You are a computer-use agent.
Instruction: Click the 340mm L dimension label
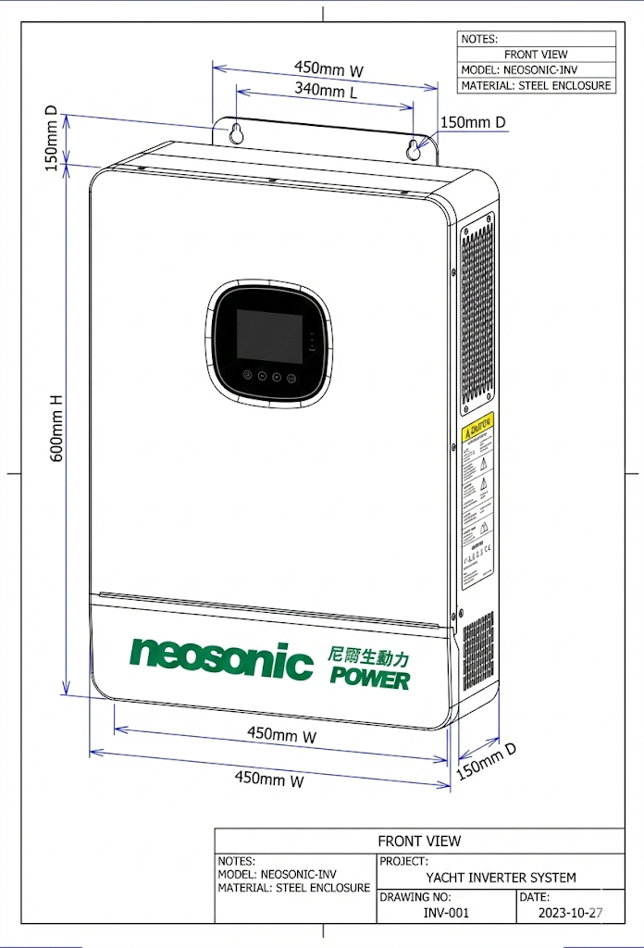[x=326, y=92]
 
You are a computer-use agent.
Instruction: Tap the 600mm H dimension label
[x=56, y=428]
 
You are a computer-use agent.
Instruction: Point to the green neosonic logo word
[x=221, y=658]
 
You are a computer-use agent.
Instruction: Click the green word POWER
[x=369, y=679]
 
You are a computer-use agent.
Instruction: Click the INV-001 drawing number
[x=446, y=913]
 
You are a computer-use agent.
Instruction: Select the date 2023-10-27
[x=570, y=913]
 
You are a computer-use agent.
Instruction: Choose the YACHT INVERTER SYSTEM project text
[x=501, y=878]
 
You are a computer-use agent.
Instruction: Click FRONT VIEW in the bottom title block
[x=419, y=842]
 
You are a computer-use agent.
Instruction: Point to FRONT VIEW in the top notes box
[x=537, y=55]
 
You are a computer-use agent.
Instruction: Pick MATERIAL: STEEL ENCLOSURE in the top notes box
[x=536, y=85]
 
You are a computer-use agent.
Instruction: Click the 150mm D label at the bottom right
[x=486, y=762]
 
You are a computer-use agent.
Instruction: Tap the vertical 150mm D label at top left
[x=53, y=139]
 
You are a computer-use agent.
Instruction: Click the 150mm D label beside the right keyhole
[x=473, y=122]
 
